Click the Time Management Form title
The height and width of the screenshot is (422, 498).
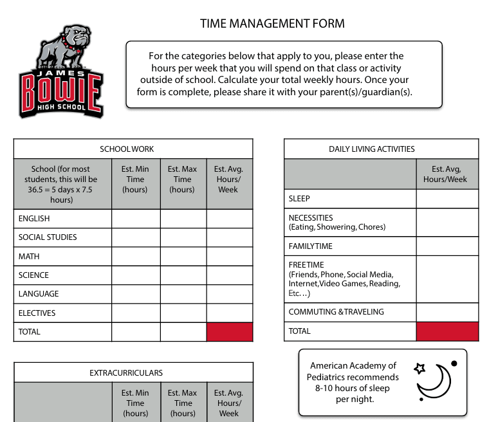[272, 24]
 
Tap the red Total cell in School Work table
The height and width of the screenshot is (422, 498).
[230, 332]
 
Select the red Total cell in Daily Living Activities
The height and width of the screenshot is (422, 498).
[447, 331]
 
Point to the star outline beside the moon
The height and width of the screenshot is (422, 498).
[420, 369]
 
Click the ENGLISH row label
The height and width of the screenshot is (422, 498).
[34, 219]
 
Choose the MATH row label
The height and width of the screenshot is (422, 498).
[29, 257]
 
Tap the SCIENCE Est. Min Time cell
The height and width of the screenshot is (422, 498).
[136, 275]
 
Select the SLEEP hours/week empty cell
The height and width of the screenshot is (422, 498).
[447, 199]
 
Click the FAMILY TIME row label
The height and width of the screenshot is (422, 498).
[311, 246]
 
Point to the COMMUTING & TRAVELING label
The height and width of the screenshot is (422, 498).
[336, 312]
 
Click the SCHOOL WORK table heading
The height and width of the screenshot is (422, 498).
[127, 149]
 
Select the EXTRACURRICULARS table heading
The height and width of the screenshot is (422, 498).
[126, 372]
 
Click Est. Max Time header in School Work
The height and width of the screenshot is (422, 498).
[183, 179]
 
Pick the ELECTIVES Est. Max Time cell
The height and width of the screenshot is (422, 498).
[183, 313]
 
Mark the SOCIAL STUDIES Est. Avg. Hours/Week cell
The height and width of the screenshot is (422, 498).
[230, 237]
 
